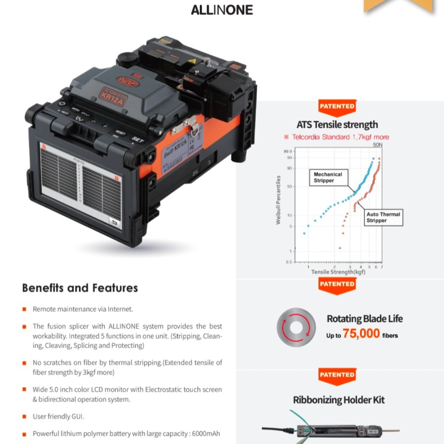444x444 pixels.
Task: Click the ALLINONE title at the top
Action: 222,10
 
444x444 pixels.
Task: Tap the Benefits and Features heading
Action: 80,288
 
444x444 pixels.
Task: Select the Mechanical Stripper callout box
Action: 328,178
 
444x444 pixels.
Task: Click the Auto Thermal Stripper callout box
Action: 383,218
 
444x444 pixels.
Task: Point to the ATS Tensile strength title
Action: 337,124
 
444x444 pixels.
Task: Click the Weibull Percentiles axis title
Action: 279,200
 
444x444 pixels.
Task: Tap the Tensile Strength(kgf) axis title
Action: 338,272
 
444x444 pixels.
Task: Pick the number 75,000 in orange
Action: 361,334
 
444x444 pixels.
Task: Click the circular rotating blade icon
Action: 296,328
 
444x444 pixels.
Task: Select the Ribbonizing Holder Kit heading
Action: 338,400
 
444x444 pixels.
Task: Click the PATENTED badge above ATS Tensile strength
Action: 337,107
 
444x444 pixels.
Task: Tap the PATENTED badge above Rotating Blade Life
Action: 337,284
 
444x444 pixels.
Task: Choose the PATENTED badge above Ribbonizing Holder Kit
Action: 337,375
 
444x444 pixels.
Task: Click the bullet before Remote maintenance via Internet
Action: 24,309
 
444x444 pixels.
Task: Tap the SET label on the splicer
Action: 137,140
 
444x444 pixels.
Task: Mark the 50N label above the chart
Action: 377,146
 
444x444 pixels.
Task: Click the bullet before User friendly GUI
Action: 24,417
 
